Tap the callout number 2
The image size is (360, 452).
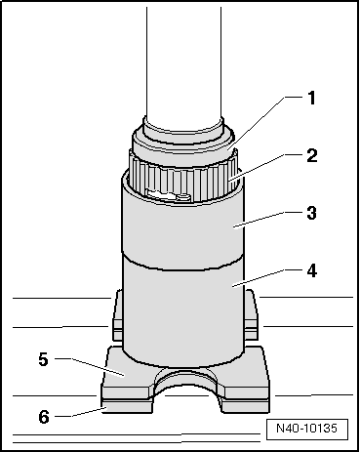point(312,156)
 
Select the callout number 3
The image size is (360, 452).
point(312,211)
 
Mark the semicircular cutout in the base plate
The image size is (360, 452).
point(182,385)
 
